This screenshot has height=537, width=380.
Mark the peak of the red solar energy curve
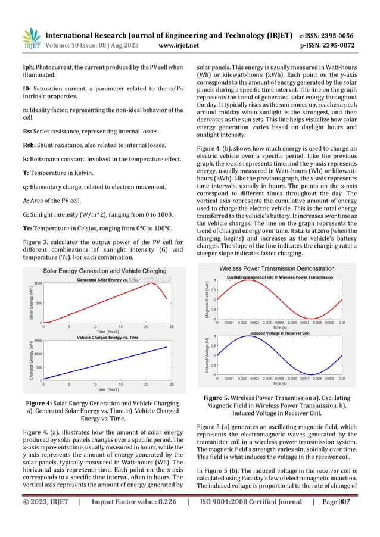pyautogui.click(x=152, y=283)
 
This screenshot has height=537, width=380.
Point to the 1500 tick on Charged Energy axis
pyautogui.click(x=36, y=341)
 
